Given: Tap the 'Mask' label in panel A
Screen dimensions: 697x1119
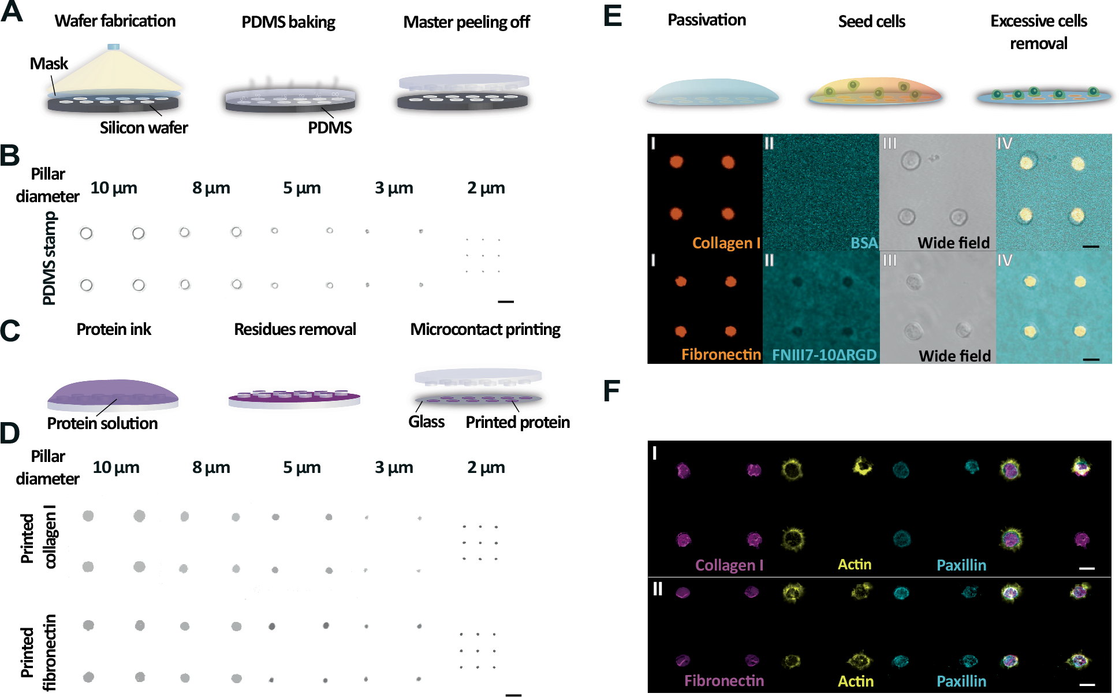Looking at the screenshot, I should [x=49, y=64].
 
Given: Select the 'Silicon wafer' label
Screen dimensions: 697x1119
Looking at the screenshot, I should [x=144, y=128].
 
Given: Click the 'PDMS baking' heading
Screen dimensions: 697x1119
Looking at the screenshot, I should [x=288, y=22].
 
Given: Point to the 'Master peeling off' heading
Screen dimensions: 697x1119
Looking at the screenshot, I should [x=466, y=22].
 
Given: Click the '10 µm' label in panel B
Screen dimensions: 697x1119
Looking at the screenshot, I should [x=114, y=188].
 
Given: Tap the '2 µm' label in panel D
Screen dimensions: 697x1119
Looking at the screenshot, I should [x=486, y=467].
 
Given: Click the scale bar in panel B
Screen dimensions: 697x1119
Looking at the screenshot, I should [x=505, y=301].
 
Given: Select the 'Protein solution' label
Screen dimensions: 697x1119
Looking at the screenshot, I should [x=102, y=423].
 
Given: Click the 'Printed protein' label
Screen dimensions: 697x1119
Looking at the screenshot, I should [x=517, y=422].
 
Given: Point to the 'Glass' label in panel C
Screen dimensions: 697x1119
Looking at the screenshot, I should [x=426, y=422].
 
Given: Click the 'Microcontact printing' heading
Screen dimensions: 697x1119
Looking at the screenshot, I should [x=485, y=329].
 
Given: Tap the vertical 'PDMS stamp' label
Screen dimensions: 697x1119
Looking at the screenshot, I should [x=50, y=258].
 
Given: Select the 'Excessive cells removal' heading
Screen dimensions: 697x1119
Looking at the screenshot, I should [x=1038, y=32].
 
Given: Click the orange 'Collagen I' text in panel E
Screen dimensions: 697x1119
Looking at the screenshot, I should [x=726, y=243].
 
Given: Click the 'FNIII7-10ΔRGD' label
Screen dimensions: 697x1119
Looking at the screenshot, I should [x=824, y=355].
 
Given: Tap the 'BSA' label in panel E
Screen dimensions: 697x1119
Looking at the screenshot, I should [x=864, y=243].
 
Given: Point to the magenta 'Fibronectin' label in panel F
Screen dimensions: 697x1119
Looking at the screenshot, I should [x=724, y=680].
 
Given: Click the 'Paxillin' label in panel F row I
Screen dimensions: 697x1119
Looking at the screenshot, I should [x=961, y=565].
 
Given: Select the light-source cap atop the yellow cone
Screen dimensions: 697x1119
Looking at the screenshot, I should [x=114, y=47].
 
